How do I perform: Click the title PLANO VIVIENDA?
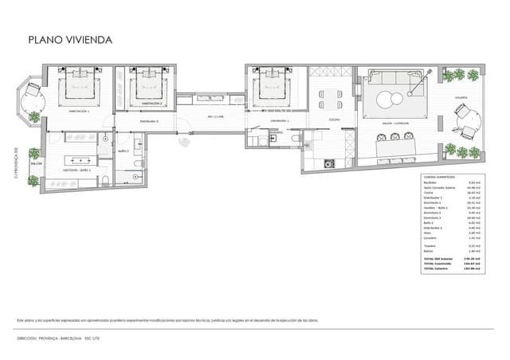70,39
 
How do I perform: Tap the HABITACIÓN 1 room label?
79,112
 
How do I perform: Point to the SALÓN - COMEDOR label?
396,123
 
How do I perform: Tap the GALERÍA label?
461,98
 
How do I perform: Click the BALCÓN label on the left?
36,163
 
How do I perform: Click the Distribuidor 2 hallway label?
149,121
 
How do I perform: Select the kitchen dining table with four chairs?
328,100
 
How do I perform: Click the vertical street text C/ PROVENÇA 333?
15,164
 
